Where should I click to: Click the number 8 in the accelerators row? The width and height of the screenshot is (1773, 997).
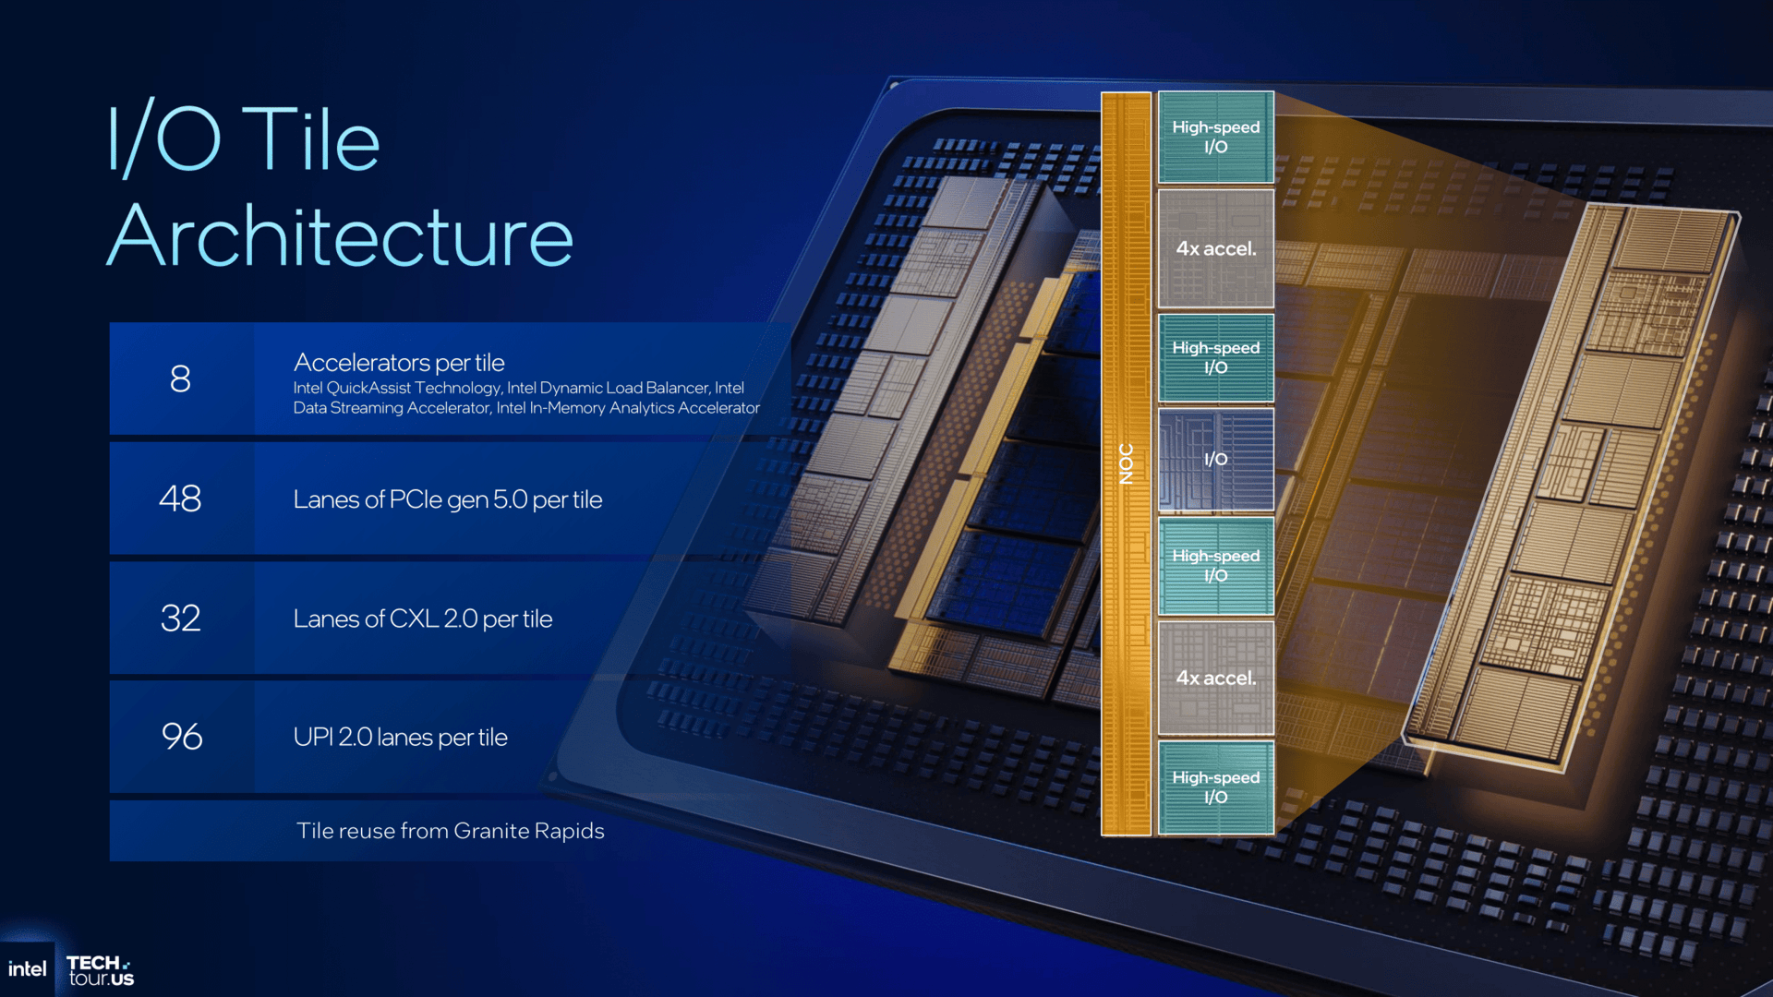[x=180, y=378]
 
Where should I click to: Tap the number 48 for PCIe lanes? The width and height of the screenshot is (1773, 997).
[x=180, y=498]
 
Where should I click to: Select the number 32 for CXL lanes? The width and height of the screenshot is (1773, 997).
[x=180, y=618]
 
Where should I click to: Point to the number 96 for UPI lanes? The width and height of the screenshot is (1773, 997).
[x=182, y=737]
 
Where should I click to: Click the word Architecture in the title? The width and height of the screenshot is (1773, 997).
[x=341, y=236]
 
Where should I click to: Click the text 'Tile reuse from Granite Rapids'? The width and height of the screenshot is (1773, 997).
[x=451, y=831]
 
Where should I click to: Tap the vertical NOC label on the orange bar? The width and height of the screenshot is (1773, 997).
[x=1126, y=463]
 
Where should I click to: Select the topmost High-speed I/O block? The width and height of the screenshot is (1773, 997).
[x=1215, y=137]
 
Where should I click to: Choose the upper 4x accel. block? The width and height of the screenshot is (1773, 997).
[x=1215, y=248]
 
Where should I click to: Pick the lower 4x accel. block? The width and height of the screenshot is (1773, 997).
[x=1215, y=678]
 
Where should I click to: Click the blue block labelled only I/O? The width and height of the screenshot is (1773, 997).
[x=1215, y=459]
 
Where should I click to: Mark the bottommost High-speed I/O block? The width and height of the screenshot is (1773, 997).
[x=1215, y=787]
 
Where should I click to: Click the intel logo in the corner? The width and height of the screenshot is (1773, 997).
[x=28, y=968]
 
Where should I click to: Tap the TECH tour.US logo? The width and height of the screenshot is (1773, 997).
[x=100, y=970]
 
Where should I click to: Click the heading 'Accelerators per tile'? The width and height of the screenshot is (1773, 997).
[x=399, y=363]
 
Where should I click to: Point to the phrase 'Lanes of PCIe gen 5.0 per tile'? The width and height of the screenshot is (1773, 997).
[x=448, y=499]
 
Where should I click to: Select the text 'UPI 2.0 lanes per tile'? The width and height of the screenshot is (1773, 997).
[x=400, y=737]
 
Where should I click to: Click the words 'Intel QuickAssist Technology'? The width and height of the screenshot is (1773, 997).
[x=397, y=388]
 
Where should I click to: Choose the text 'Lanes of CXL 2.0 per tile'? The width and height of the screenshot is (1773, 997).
[x=423, y=619]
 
